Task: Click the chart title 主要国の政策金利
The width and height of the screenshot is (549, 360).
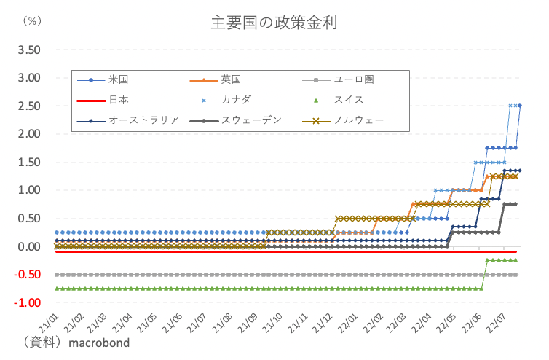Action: (x=274, y=21)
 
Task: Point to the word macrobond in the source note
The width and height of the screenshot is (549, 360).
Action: (x=99, y=343)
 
